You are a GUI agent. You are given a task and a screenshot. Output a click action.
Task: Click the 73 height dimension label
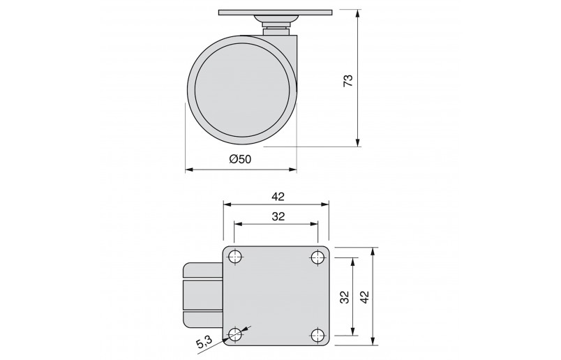[348, 80]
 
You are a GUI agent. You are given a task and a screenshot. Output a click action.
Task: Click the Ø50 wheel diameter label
[241, 159]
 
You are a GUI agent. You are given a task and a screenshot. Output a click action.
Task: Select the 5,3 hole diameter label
[204, 343]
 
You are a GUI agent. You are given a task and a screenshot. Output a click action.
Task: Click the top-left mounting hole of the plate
[234, 257]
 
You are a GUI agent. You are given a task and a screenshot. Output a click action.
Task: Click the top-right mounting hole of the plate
[317, 257]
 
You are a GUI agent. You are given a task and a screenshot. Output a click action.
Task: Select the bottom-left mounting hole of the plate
[234, 336]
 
